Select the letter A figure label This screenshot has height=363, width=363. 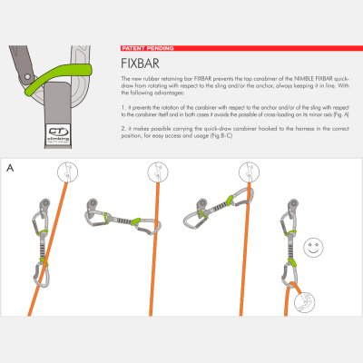[x=9, y=169]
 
